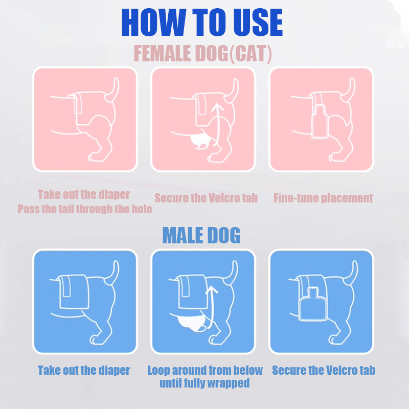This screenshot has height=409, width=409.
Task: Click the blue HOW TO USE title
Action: pyautogui.click(x=202, y=22)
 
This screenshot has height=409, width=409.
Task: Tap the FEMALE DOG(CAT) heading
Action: pyautogui.click(x=202, y=54)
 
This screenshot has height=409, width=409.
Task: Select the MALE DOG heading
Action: pyautogui.click(x=201, y=235)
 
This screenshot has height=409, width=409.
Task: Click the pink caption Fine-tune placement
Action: pyautogui.click(x=323, y=198)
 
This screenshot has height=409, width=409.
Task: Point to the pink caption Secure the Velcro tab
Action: pyautogui.click(x=206, y=198)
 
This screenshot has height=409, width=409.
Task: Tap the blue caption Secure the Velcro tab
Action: pyautogui.click(x=324, y=370)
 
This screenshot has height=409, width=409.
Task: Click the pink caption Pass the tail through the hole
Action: pyautogui.click(x=85, y=209)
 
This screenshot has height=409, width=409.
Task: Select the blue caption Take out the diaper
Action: pyautogui.click(x=84, y=370)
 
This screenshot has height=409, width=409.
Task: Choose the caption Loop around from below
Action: pyautogui.click(x=205, y=370)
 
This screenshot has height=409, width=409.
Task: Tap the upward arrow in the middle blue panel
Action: pyautogui.click(x=211, y=306)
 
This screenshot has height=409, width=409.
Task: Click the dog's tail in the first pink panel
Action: pyautogui.click(x=112, y=89)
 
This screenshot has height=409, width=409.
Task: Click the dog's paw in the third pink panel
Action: pyautogui.click(x=335, y=157)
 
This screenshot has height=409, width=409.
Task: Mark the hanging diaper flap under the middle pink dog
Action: pyautogui.click(x=200, y=142)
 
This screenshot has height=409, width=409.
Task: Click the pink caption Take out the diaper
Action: pyautogui.click(x=84, y=195)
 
